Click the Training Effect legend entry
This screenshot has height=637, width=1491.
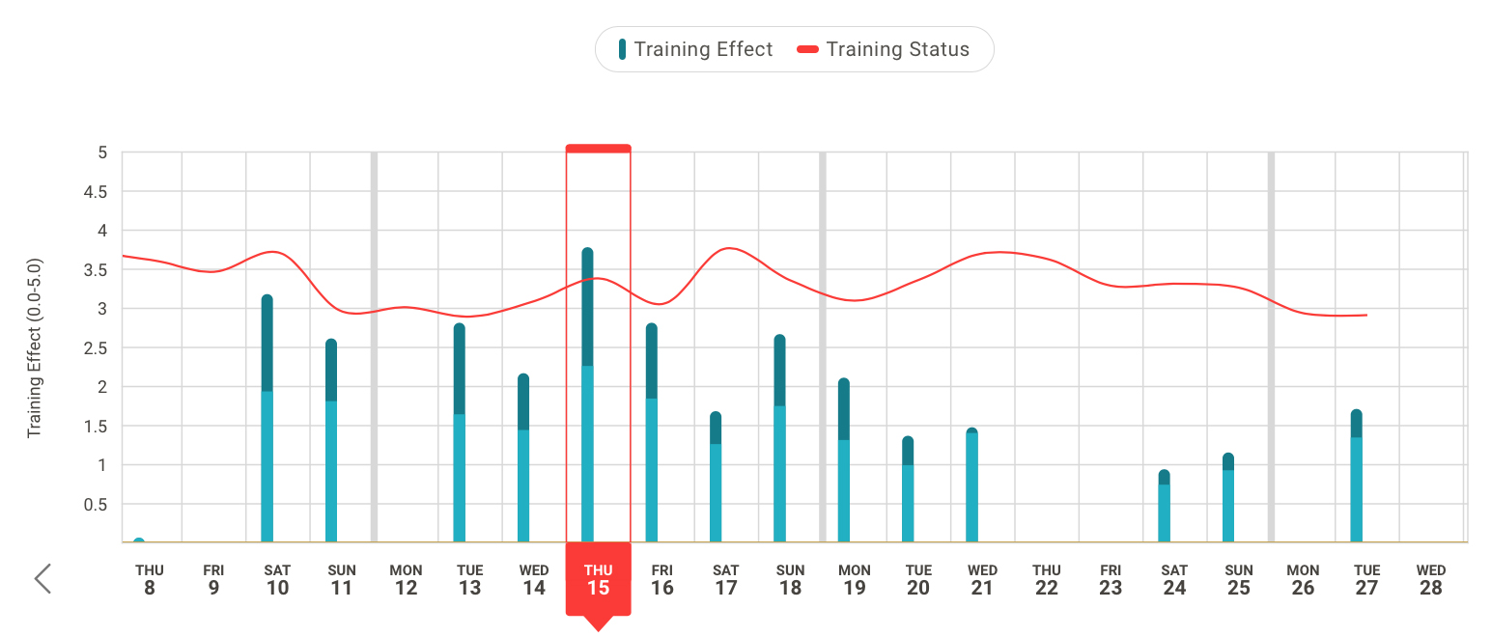pos(696,49)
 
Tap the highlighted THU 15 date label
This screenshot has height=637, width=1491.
pos(598,579)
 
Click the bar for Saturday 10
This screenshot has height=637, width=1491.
pos(267,420)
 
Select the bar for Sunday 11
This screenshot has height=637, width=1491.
pos(331,441)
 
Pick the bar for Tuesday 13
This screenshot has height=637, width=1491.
pos(460,433)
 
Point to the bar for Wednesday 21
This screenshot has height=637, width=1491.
pos(971,485)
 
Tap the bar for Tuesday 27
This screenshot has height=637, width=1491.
pos(1356,477)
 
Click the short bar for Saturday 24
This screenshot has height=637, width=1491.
pos(1164,507)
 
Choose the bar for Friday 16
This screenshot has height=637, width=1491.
pos(652,433)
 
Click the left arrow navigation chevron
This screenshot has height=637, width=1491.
pos(42,578)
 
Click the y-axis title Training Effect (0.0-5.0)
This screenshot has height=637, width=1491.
pos(35,347)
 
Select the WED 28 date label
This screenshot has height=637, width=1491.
pos(1431,579)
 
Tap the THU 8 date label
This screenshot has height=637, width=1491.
pos(149,579)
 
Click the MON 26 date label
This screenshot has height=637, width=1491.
pos(1303,579)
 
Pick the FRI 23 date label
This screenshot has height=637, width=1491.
pos(1111,579)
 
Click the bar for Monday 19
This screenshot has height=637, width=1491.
pos(844,460)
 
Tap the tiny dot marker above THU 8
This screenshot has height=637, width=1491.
pos(139,540)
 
